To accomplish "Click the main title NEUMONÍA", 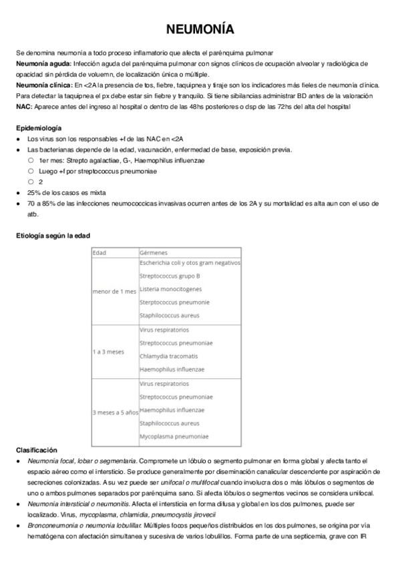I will tap(200, 31).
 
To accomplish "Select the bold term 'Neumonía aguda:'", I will tap(39, 63).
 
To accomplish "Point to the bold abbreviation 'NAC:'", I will tap(25, 107).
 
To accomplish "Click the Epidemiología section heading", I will tap(39, 127).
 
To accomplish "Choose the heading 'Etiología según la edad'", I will tap(53, 236).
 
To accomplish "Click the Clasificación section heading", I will tap(37, 451).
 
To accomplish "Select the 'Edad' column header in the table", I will tap(99, 253).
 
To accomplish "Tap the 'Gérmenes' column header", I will tap(154, 253).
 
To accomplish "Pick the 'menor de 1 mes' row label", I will tap(114, 292).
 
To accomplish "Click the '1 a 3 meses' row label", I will tap(108, 350).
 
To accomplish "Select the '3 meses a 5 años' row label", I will tap(115, 412).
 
